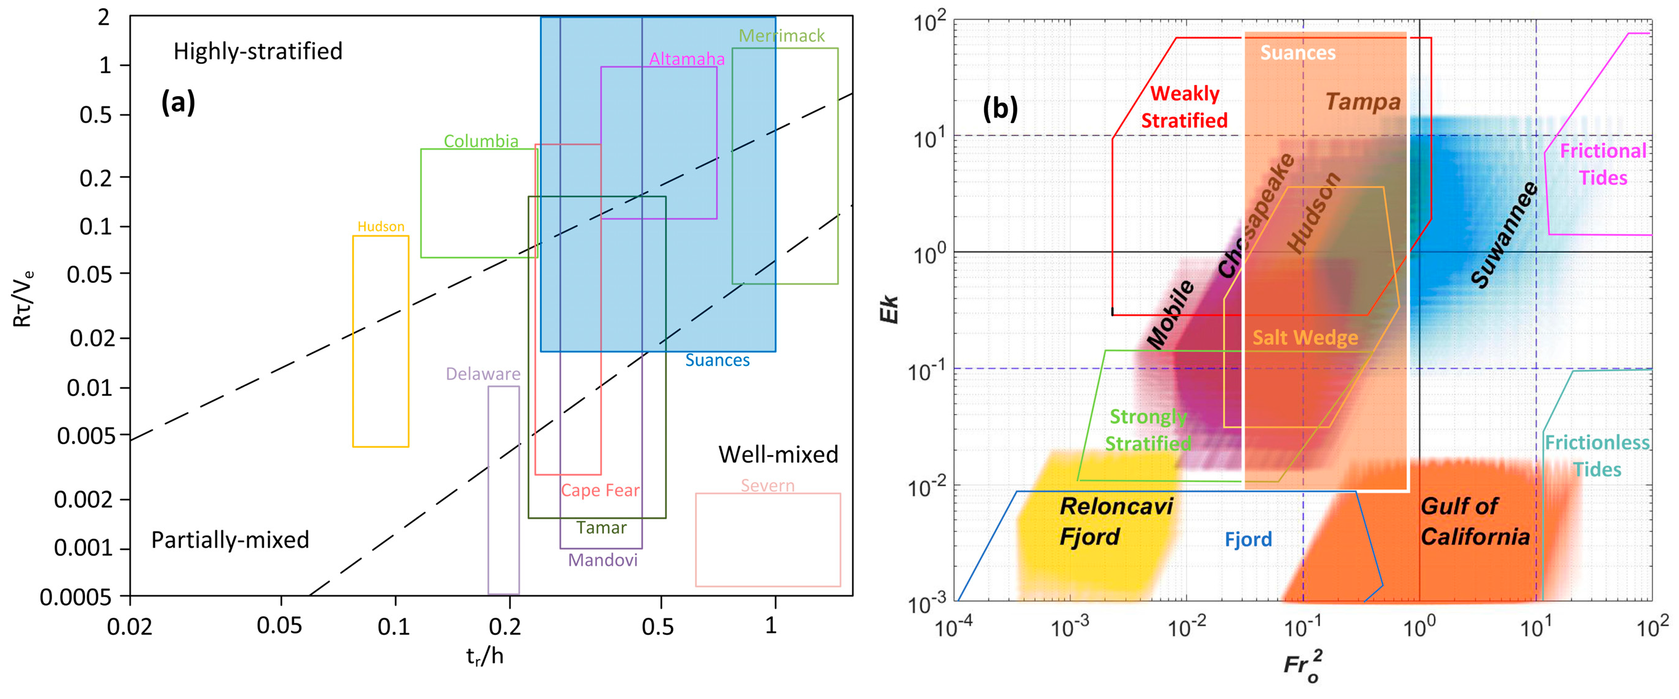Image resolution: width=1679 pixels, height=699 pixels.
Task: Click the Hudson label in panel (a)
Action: tap(380, 226)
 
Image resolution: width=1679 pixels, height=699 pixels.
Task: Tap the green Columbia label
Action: tap(481, 141)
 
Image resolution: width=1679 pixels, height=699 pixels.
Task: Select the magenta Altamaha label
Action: tap(686, 59)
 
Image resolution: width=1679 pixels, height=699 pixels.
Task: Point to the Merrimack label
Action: tap(782, 35)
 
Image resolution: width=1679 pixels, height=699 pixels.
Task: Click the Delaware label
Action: tap(483, 374)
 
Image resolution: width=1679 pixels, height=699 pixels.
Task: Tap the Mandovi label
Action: tap(603, 559)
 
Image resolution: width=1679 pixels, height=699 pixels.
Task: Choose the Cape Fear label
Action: tap(600, 490)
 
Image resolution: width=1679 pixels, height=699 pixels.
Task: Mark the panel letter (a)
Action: tap(178, 102)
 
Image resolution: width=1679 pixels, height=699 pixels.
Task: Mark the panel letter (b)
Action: tap(1000, 108)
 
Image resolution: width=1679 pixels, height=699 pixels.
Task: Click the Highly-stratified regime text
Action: tap(257, 51)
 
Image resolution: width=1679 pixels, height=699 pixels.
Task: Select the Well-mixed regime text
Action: tap(777, 454)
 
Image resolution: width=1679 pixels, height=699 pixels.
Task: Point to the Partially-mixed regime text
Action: tap(230, 539)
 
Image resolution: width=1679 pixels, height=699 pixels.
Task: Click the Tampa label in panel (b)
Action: tap(1362, 102)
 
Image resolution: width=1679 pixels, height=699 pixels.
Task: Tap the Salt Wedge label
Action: tap(1305, 337)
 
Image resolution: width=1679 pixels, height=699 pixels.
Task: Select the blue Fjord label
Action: tap(1248, 539)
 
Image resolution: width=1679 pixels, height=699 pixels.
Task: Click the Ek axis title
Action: tap(888, 309)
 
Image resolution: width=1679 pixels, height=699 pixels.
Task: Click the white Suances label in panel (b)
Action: tap(1297, 53)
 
